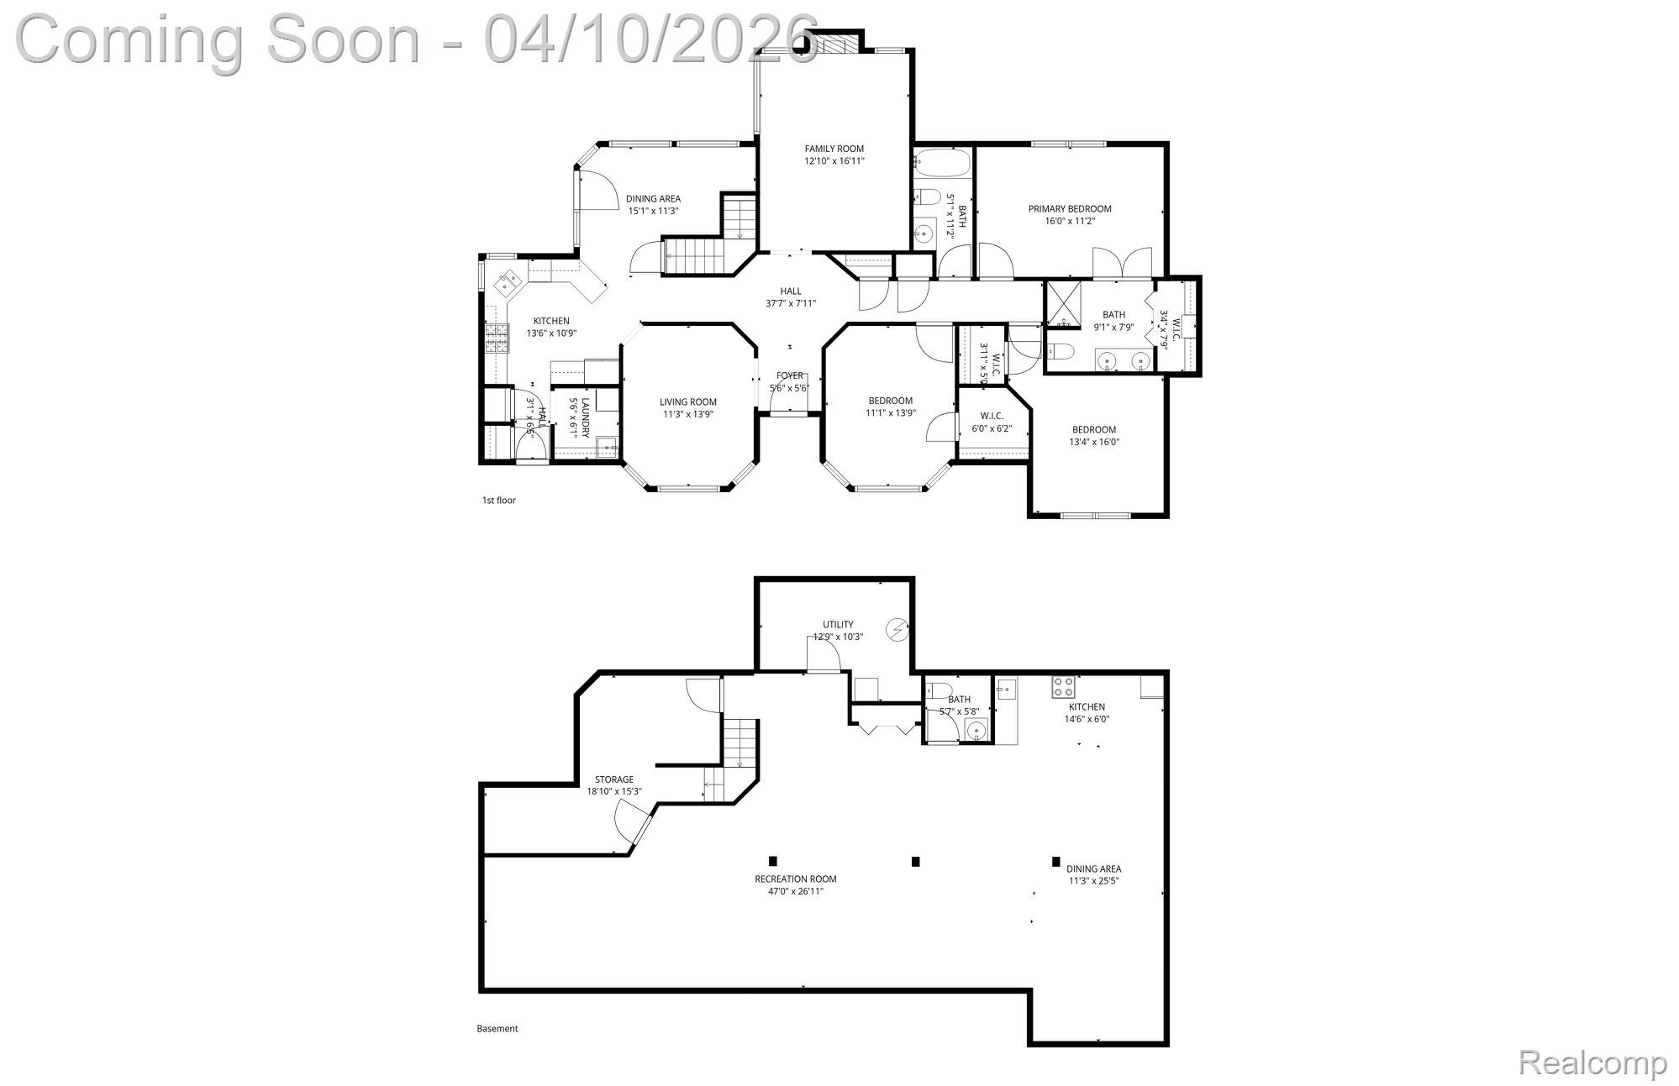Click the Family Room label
point(834,149)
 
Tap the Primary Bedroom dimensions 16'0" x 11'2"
point(1070,222)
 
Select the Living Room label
point(687,402)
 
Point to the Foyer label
point(789,375)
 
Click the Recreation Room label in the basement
point(795,879)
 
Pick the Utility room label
point(837,624)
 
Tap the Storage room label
point(613,779)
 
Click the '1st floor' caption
point(498,501)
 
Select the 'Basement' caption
point(497,1029)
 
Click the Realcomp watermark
point(1592,1062)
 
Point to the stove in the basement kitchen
point(1063,687)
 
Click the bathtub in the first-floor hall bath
point(942,162)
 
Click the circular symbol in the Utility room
point(897,628)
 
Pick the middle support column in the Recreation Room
point(916,861)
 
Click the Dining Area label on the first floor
point(653,199)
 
